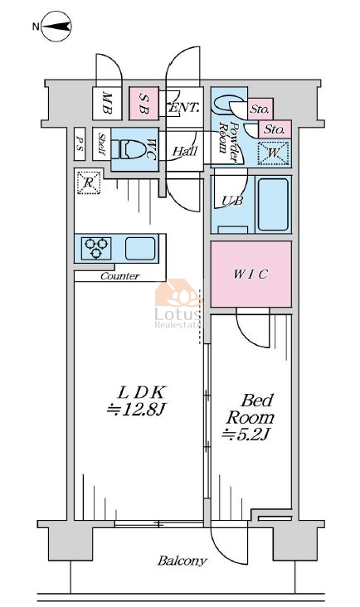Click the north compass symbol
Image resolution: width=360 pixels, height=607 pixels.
click(x=56, y=27)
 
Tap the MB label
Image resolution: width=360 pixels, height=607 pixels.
click(x=107, y=104)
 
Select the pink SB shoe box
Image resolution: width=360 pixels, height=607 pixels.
click(x=144, y=103)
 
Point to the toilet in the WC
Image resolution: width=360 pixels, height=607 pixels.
click(x=129, y=149)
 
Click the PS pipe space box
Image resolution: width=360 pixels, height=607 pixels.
click(x=80, y=143)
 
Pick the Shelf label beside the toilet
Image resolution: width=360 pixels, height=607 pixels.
click(x=102, y=144)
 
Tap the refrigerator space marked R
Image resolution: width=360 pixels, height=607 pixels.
click(x=89, y=182)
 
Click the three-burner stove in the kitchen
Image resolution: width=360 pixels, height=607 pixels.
click(x=96, y=248)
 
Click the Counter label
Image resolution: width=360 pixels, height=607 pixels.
click(x=119, y=276)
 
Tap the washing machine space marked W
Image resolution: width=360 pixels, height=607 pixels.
click(x=273, y=153)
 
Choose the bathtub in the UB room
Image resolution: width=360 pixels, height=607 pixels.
click(x=273, y=204)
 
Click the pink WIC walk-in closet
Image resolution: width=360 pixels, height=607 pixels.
click(x=251, y=274)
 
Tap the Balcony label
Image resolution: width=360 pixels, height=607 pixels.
click(x=182, y=561)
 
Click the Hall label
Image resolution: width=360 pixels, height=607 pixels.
click(x=185, y=151)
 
